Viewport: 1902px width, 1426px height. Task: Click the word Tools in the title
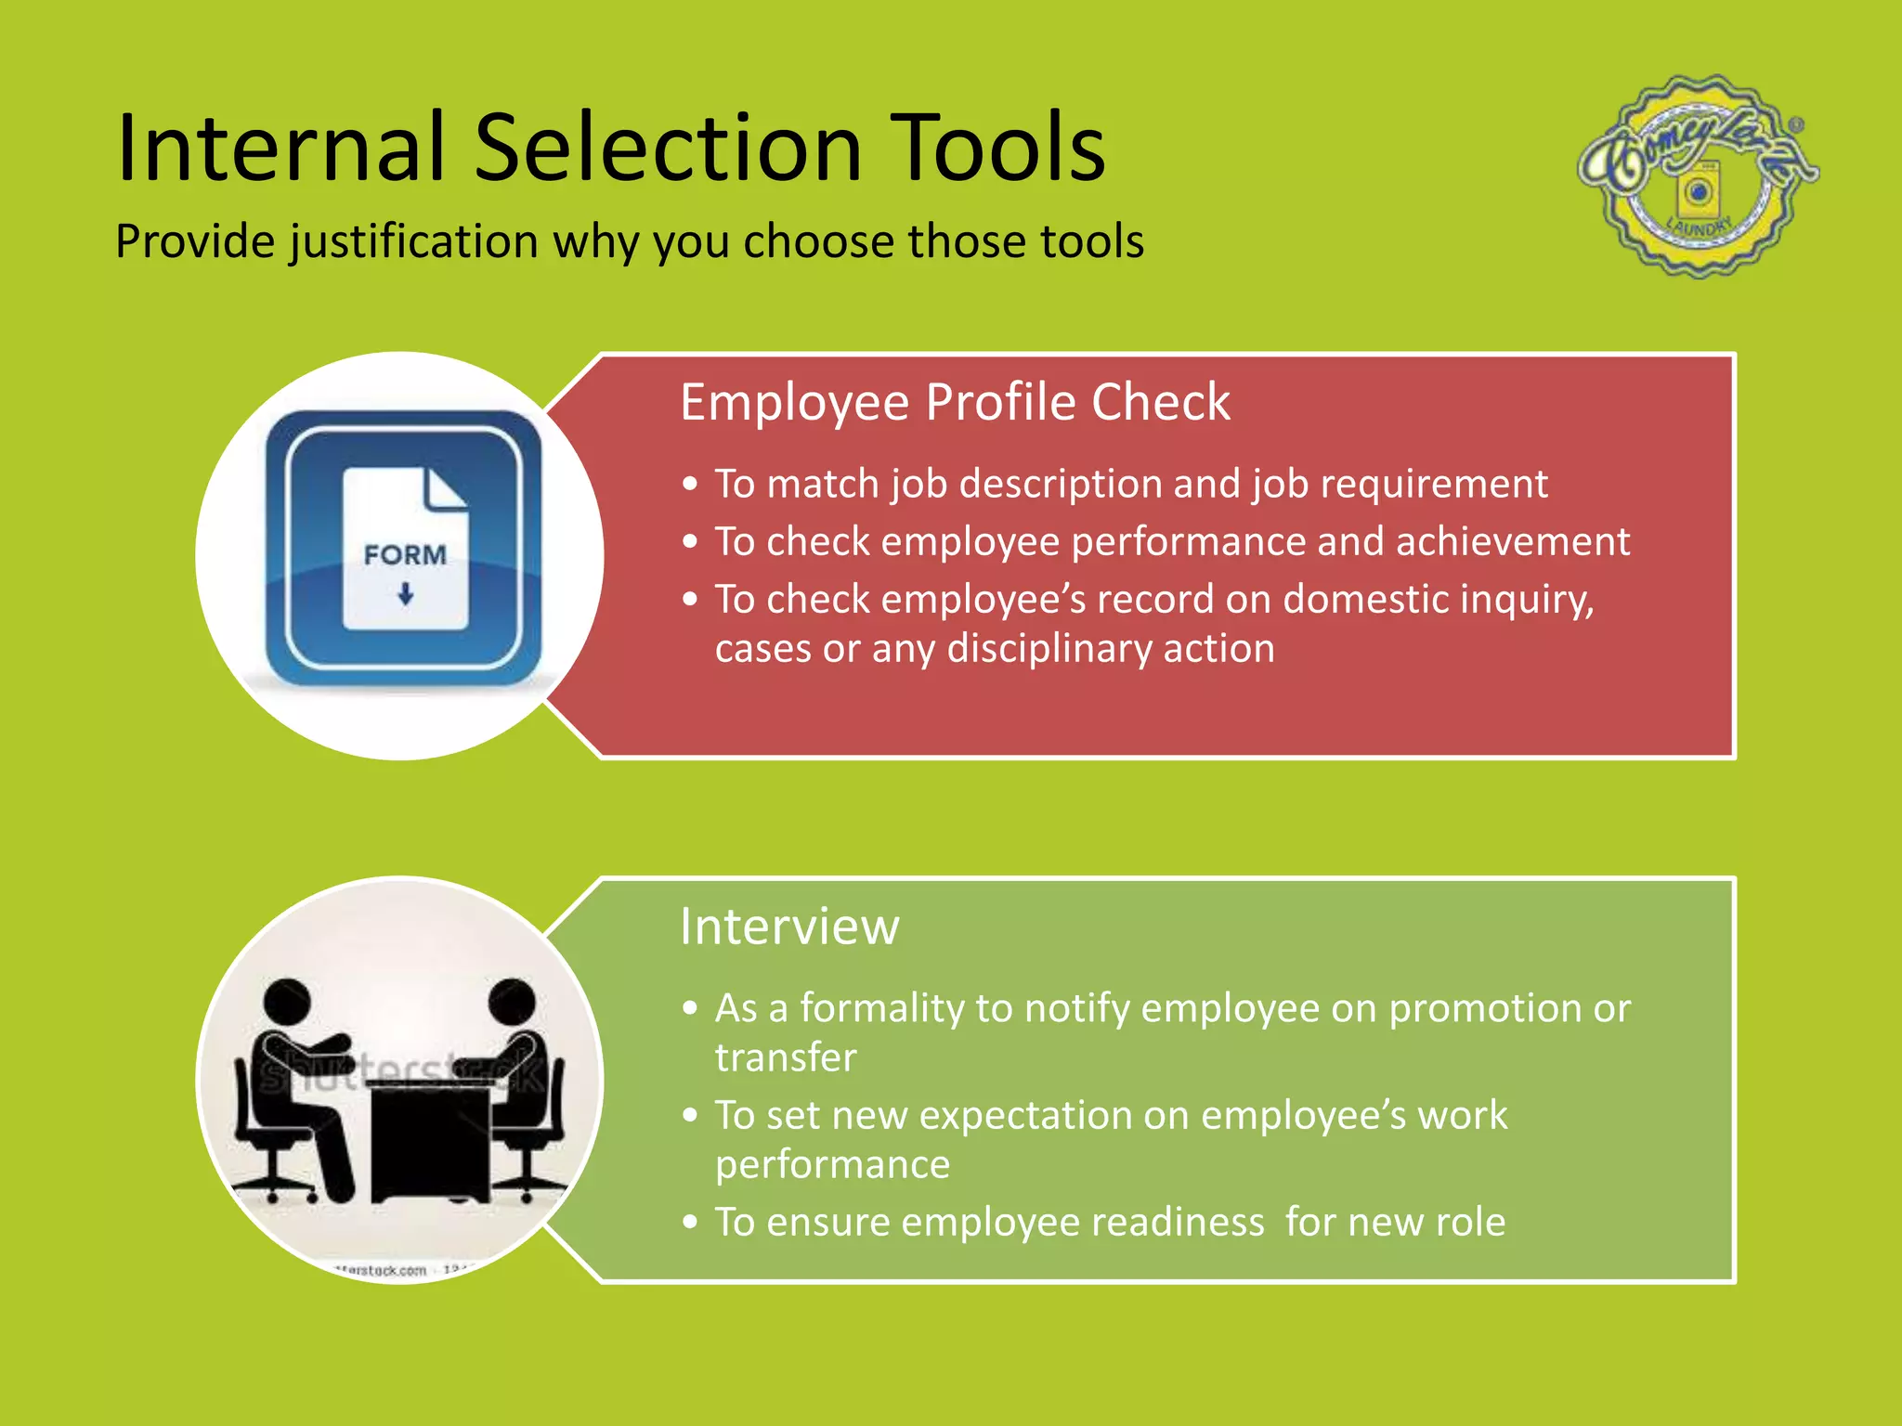(x=997, y=149)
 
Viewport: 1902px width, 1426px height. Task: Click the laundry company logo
(x=1698, y=176)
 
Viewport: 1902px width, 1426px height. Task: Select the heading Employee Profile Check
(x=955, y=403)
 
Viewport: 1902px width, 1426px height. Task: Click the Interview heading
(x=789, y=927)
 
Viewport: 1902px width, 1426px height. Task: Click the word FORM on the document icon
(x=405, y=555)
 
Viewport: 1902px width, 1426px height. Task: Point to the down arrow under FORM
(x=405, y=594)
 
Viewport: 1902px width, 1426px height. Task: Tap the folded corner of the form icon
(x=447, y=487)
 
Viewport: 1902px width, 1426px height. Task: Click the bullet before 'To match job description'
(x=689, y=485)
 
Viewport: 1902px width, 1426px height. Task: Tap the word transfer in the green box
(x=786, y=1058)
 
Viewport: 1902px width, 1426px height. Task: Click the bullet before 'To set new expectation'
(x=689, y=1116)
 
